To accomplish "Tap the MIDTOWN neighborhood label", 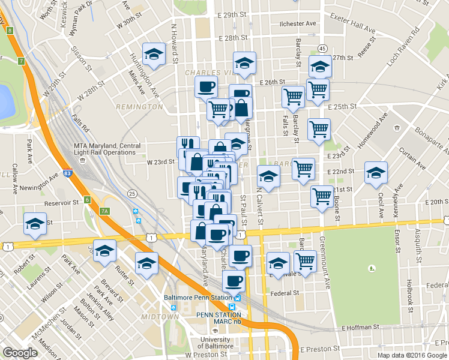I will tap(160, 316).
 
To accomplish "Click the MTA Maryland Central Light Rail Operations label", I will tap(107, 149).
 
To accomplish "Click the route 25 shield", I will tap(131, 193).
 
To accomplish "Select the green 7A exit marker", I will tap(105, 211).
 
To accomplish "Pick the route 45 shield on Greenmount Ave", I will tap(322, 48).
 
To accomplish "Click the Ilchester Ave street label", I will tap(297, 23).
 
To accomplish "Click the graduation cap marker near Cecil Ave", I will tap(376, 173).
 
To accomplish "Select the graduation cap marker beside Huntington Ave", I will tap(154, 54).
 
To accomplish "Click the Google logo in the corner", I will tap(20, 353).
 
